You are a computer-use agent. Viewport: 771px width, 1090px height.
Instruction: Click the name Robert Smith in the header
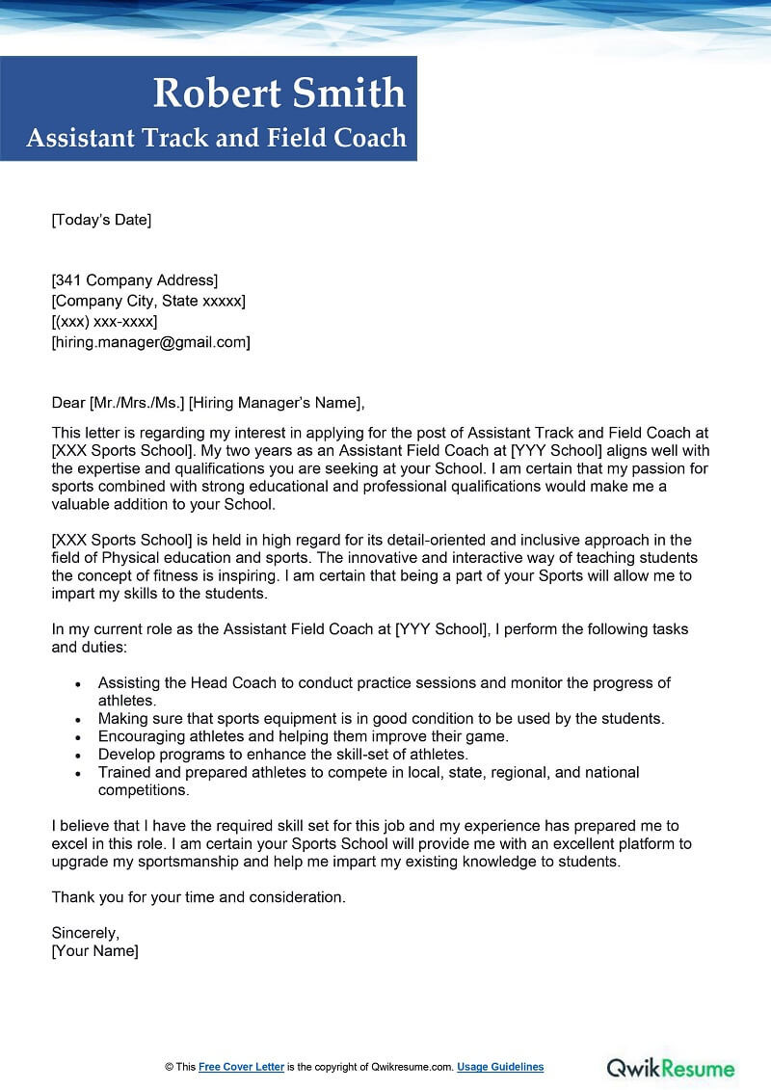pyautogui.click(x=279, y=93)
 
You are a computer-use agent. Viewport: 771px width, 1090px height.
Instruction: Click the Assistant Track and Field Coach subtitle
pyautogui.click(x=217, y=139)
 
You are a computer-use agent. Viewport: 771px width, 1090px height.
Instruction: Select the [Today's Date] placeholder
pyautogui.click(x=101, y=220)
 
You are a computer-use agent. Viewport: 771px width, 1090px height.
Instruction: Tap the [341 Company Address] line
pyautogui.click(x=135, y=280)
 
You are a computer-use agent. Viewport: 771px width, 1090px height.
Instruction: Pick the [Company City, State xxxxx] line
pyautogui.click(x=148, y=301)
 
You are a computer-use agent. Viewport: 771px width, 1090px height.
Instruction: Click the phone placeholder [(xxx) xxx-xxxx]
pyautogui.click(x=104, y=321)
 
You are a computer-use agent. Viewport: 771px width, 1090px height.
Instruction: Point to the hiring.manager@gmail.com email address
pyautogui.click(x=150, y=341)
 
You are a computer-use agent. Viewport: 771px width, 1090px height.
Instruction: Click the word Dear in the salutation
pyautogui.click(x=67, y=403)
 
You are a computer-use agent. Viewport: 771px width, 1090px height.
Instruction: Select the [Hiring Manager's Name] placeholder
pyautogui.click(x=276, y=403)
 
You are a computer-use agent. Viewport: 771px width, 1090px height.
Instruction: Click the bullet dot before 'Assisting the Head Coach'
pyautogui.click(x=78, y=683)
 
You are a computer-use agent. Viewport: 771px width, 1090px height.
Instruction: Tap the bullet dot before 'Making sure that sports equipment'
pyautogui.click(x=78, y=719)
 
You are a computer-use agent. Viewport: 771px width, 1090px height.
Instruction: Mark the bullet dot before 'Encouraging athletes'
pyautogui.click(x=78, y=737)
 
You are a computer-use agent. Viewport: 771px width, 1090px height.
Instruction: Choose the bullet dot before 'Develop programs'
pyautogui.click(x=78, y=755)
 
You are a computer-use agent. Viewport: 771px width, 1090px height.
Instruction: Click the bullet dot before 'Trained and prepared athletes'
pyautogui.click(x=78, y=773)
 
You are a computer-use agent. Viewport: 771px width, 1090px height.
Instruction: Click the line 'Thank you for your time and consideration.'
pyautogui.click(x=199, y=897)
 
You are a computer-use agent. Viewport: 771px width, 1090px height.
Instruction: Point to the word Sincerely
pyautogui.click(x=86, y=933)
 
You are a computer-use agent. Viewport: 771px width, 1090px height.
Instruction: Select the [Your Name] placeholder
pyautogui.click(x=94, y=951)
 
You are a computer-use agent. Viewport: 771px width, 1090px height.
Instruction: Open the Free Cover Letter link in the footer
pyautogui.click(x=241, y=1067)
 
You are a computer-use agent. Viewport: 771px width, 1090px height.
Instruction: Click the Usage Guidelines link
pyautogui.click(x=500, y=1067)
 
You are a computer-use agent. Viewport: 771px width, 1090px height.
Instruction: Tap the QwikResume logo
pyautogui.click(x=670, y=1068)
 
